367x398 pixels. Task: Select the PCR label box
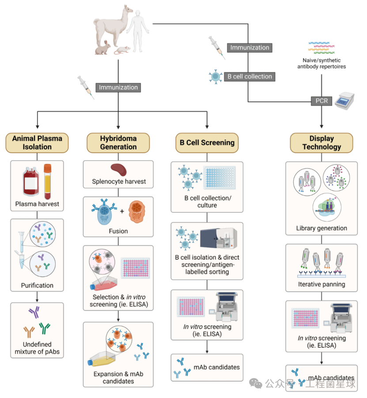tap(322, 101)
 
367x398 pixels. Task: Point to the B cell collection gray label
tap(250, 76)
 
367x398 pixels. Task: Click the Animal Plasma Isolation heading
tap(38, 143)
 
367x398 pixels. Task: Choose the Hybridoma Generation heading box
tap(118, 143)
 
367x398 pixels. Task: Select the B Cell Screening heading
tap(207, 143)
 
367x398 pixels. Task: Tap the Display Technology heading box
tap(322, 143)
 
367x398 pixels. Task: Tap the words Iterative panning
tap(322, 285)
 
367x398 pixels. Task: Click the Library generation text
tap(322, 228)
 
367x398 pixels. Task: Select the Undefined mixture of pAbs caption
tap(38, 348)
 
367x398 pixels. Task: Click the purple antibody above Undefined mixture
tap(34, 313)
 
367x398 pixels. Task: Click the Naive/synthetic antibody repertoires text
tap(322, 63)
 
